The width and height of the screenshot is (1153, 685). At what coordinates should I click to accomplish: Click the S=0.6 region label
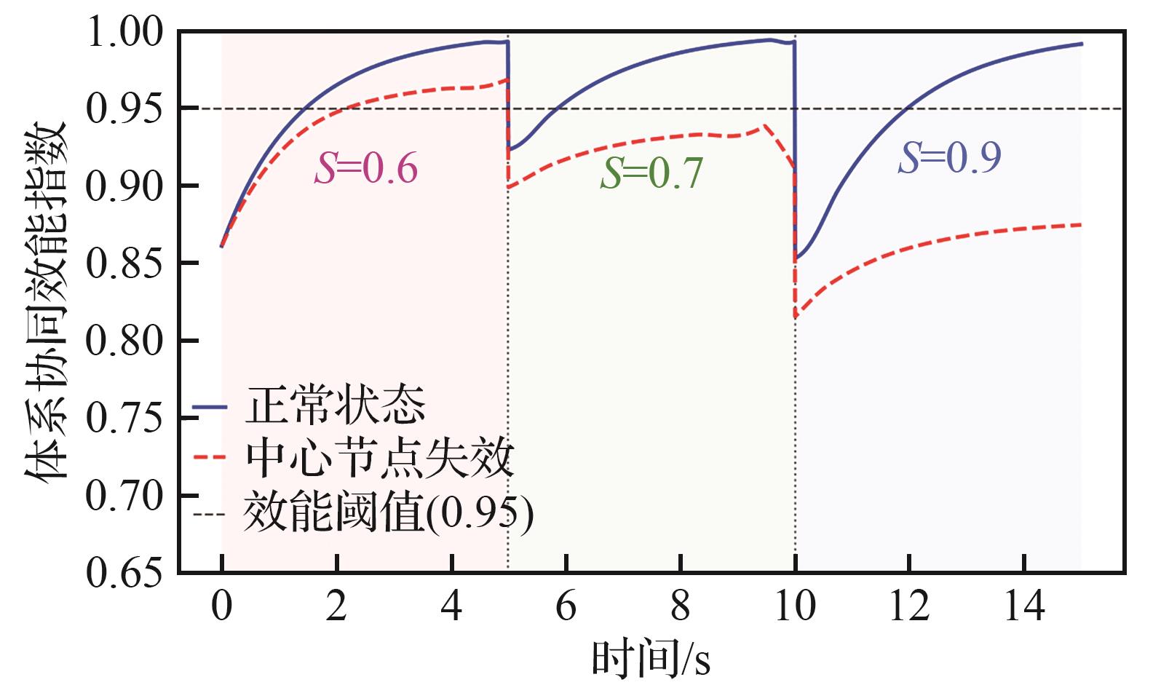(x=366, y=169)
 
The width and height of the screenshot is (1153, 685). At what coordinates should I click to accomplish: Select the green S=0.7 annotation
(x=651, y=174)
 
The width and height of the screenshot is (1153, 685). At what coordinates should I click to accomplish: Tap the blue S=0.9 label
(x=949, y=157)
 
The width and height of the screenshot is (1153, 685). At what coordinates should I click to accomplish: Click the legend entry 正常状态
(x=335, y=405)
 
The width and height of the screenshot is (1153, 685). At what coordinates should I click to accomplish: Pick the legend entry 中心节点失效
(x=379, y=459)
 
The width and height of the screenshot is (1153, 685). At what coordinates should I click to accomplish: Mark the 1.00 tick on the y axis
(x=123, y=33)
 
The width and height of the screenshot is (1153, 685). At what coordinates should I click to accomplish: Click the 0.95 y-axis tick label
(x=123, y=110)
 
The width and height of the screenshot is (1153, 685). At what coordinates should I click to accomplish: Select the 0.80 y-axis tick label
(x=123, y=341)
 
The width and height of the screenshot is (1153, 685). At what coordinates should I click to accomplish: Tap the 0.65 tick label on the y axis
(x=123, y=573)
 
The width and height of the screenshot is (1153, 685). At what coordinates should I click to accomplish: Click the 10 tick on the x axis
(x=795, y=606)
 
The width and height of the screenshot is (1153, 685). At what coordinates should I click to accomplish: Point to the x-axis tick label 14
(x=1024, y=606)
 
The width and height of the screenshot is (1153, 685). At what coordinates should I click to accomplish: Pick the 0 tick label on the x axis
(x=221, y=606)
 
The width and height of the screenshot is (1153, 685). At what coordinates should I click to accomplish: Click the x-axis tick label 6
(x=566, y=606)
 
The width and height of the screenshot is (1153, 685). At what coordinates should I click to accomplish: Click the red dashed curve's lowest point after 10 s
(x=796, y=317)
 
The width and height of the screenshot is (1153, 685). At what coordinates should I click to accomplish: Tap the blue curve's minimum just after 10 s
(x=796, y=258)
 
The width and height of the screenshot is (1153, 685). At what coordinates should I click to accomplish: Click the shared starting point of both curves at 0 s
(x=221, y=247)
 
